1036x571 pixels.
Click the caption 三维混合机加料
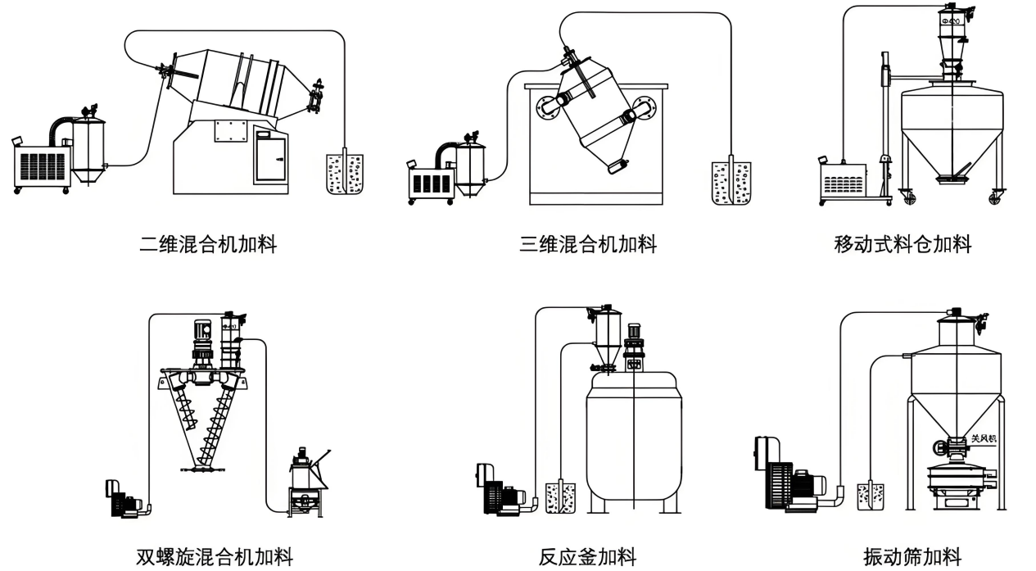(x=588, y=244)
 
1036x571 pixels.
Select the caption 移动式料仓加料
(x=903, y=244)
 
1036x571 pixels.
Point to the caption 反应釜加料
(x=587, y=558)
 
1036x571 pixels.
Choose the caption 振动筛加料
(x=912, y=558)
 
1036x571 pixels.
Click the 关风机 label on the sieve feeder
(x=983, y=439)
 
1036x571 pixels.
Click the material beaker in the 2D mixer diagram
(x=344, y=173)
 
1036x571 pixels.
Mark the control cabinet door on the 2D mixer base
(x=270, y=156)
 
